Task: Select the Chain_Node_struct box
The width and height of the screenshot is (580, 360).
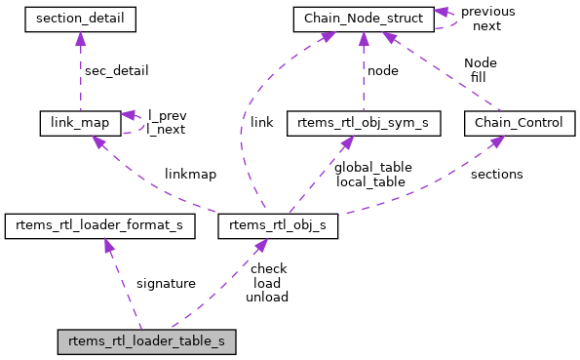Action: click(363, 18)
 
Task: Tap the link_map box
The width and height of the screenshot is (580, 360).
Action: click(80, 122)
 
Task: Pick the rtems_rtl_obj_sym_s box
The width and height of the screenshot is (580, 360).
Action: click(363, 122)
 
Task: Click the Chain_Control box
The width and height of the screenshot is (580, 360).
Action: click(520, 122)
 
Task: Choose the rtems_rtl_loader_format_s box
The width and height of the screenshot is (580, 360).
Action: click(99, 226)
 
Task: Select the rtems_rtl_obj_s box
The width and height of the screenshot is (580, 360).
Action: click(279, 226)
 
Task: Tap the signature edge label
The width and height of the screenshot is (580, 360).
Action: click(165, 283)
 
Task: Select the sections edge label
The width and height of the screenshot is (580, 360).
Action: click(496, 174)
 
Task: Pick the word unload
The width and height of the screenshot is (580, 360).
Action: click(267, 297)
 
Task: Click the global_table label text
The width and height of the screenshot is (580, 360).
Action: click(372, 167)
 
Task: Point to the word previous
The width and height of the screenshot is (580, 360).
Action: click(487, 12)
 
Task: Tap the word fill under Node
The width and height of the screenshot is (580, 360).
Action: click(480, 76)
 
